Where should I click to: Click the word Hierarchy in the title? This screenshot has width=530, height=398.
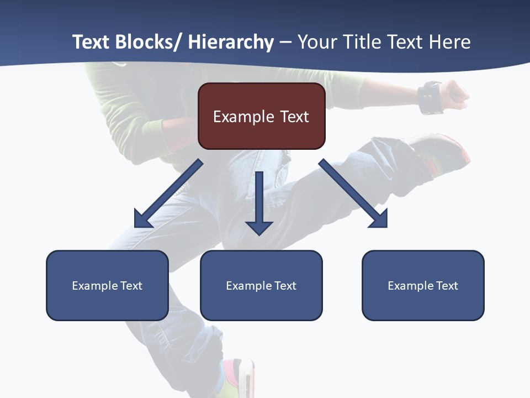tap(231, 43)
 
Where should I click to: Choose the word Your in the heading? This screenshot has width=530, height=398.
tap(316, 43)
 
